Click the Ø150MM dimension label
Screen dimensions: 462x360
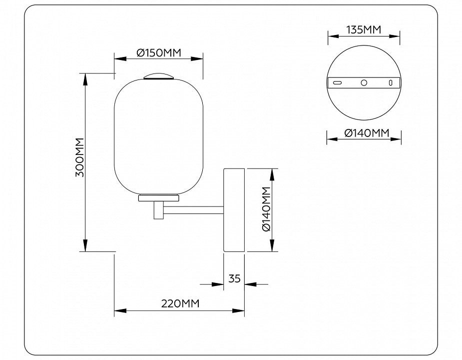point(158,52)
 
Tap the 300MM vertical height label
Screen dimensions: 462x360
point(80,157)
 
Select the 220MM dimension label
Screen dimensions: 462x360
point(180,303)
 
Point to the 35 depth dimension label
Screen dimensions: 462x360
point(235,278)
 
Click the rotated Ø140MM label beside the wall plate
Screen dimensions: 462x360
point(266,209)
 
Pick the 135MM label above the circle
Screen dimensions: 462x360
point(364,30)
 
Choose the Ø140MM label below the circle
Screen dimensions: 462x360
point(367,133)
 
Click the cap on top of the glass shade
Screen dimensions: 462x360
point(158,76)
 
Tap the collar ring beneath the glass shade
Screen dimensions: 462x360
point(158,197)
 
